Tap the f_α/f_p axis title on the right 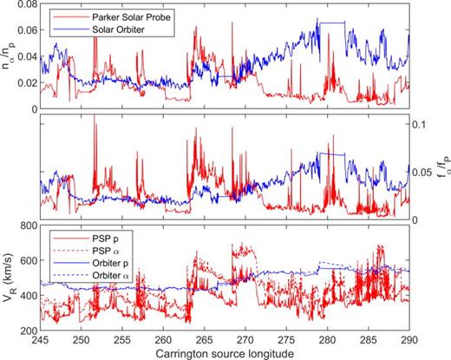coord(441,168)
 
